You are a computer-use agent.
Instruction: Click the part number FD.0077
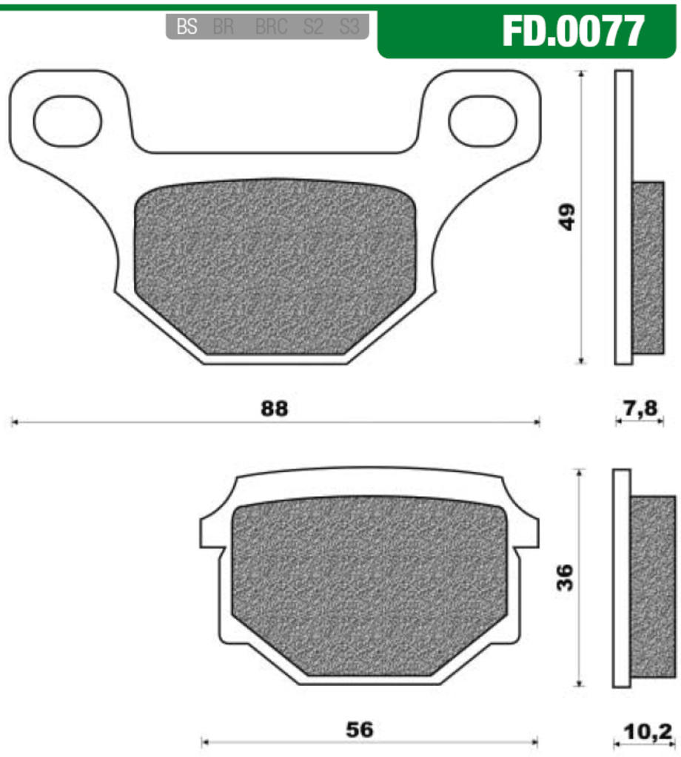pos(573,31)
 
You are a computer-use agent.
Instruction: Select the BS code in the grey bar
pos(187,27)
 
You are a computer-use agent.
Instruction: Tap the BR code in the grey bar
pos(223,27)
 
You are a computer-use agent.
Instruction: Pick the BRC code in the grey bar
pos(271,27)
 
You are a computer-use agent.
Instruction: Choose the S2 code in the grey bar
pos(313,27)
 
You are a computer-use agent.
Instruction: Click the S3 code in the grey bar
pos(349,27)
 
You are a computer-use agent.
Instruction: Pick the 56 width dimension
pos(360,729)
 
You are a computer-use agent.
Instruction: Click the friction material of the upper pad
pos(275,266)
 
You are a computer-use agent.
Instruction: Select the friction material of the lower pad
pos(369,584)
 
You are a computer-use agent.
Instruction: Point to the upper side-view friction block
pos(649,268)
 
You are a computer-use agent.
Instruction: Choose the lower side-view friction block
pos(654,585)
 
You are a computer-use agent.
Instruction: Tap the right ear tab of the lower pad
pos(529,529)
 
